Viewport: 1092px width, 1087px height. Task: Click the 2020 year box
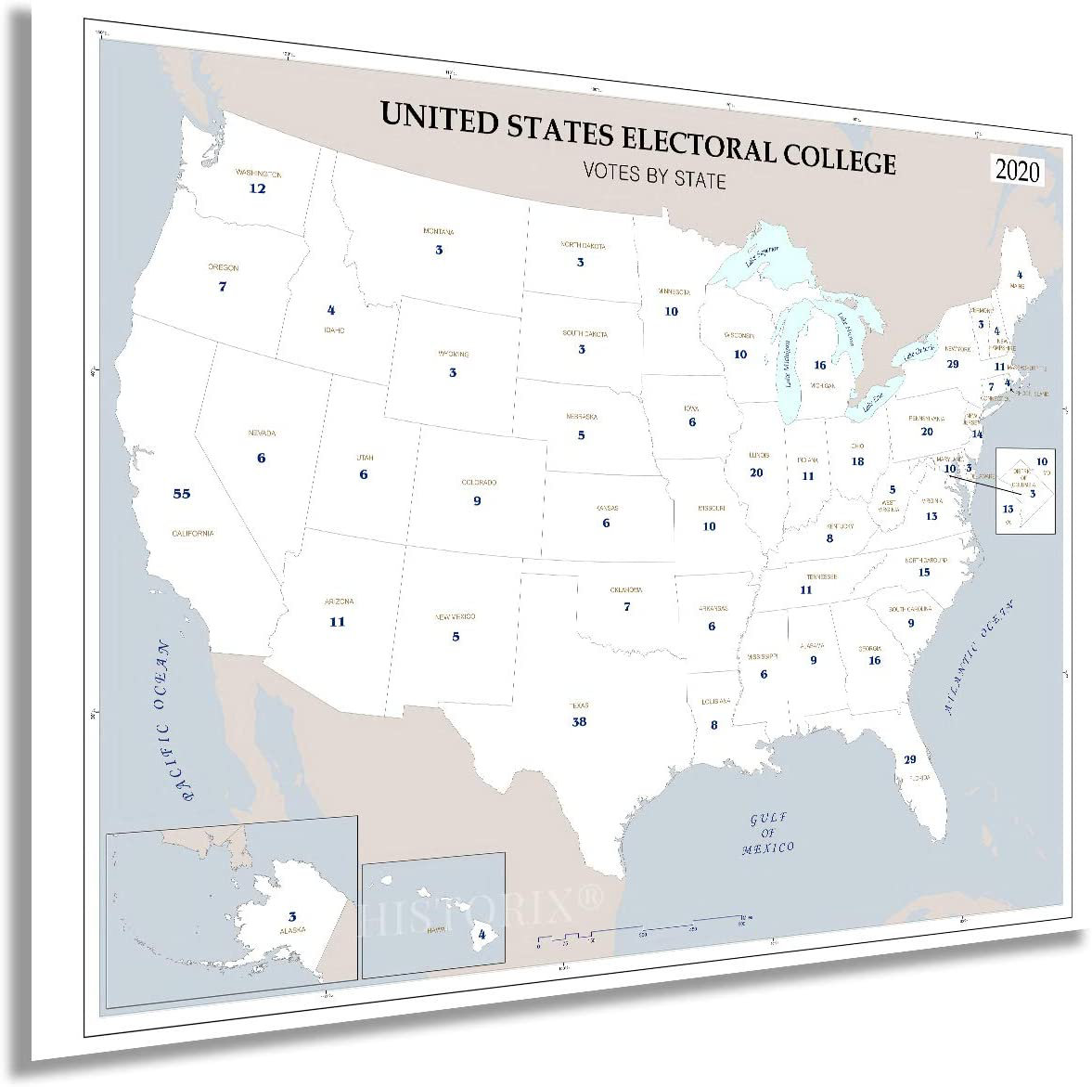tap(1018, 171)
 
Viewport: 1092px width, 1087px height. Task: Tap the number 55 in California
tap(182, 494)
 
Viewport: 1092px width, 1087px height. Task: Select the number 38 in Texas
tap(580, 721)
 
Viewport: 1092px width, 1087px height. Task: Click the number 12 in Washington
tap(257, 188)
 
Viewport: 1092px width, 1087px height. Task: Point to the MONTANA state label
tap(439, 232)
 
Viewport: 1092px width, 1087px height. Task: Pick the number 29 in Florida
tap(910, 759)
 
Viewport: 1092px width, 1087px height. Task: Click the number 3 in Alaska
tap(292, 915)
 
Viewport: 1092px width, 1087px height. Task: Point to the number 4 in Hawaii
tap(482, 934)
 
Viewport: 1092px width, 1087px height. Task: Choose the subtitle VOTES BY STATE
tap(654, 173)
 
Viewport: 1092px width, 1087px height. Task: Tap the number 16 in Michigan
tap(820, 366)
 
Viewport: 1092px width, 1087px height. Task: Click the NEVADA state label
tap(263, 434)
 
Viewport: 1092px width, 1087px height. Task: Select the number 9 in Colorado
tap(477, 501)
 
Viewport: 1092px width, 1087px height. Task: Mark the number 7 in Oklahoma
tap(627, 607)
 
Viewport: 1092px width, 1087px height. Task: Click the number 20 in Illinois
tap(756, 472)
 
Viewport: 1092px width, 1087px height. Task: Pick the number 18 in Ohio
tap(857, 461)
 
